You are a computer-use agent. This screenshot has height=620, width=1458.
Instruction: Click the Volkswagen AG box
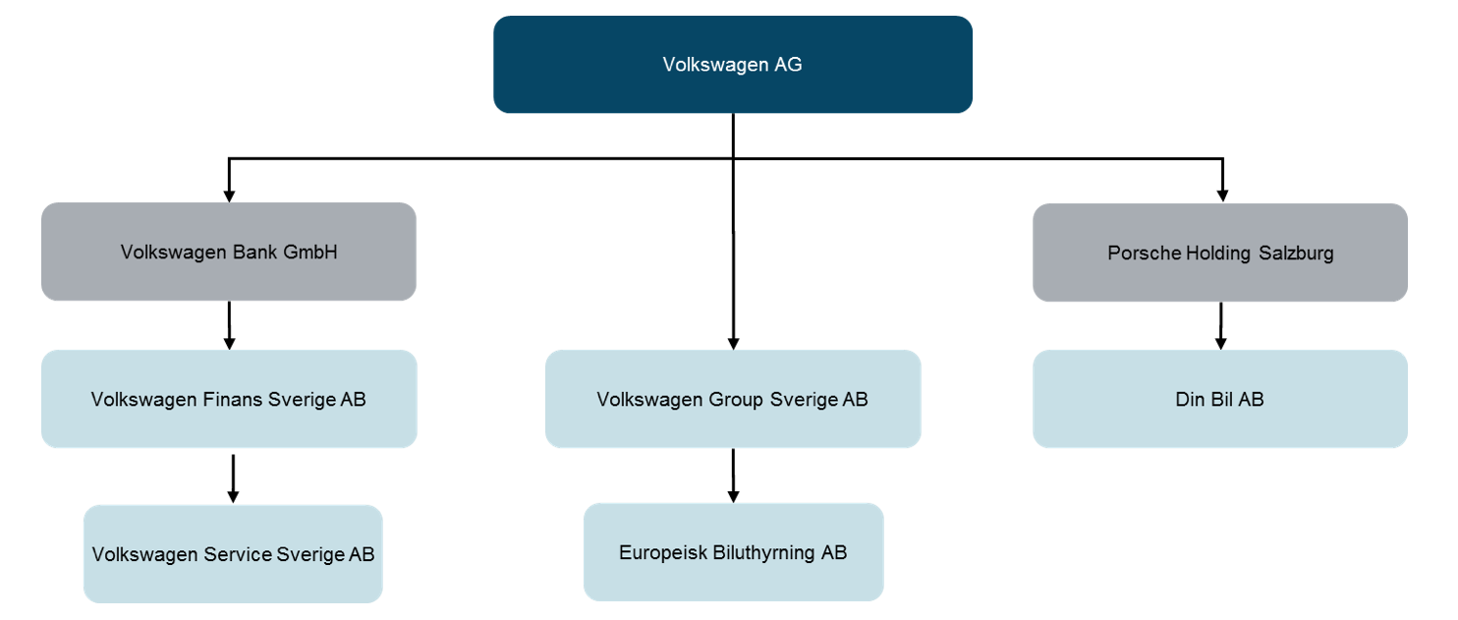coord(732,65)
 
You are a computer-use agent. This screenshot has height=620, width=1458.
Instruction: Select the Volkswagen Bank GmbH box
coord(228,252)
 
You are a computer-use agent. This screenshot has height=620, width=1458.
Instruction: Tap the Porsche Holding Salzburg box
coord(1219,253)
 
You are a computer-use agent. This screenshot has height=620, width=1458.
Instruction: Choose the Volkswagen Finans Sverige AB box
coord(228,399)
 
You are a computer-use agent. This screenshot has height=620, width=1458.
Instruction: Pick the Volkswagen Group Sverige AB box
coord(732,399)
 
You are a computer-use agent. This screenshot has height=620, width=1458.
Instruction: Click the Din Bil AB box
coord(1219,399)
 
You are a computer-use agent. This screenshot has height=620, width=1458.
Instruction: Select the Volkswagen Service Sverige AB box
coord(233,553)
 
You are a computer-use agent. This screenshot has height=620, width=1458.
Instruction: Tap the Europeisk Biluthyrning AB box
coord(733,552)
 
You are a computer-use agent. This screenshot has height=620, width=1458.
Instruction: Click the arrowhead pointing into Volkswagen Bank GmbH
coord(229,195)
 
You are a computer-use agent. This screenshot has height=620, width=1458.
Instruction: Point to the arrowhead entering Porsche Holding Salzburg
coord(1222,195)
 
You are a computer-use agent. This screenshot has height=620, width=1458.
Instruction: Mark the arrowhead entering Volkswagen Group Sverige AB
coord(733,342)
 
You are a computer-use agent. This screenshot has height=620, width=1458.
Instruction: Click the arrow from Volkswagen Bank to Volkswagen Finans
coord(229,324)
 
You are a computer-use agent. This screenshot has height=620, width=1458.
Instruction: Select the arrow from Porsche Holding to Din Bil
coord(1220,325)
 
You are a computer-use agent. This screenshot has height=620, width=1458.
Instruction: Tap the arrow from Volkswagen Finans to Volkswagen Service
coord(233,478)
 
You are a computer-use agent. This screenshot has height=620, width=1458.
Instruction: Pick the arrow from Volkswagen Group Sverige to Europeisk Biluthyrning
coord(733,476)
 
